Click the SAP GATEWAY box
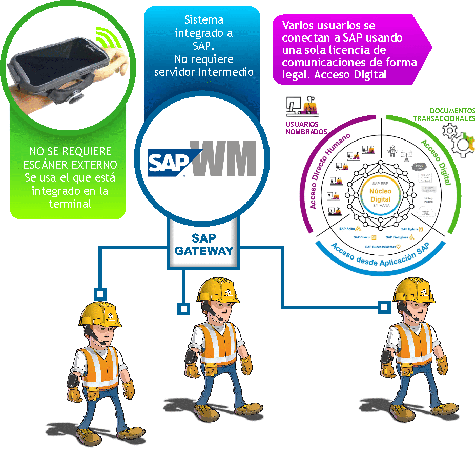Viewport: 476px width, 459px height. [x=204, y=245]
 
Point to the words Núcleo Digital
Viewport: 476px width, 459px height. [x=380, y=195]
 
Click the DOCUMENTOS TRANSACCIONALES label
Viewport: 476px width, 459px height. [x=445, y=114]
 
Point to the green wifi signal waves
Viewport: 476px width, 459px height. [x=107, y=36]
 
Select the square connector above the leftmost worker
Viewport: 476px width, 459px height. [x=99, y=294]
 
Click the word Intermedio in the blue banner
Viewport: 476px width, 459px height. [x=229, y=71]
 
